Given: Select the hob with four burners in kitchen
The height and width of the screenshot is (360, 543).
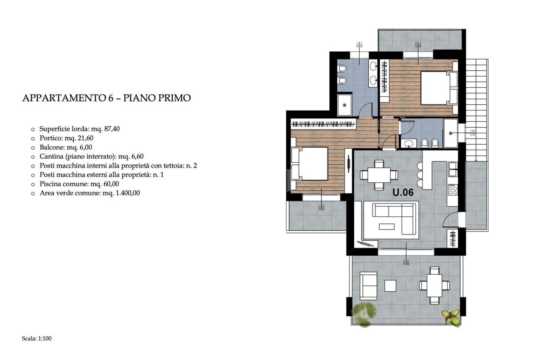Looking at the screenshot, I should pos(453,189).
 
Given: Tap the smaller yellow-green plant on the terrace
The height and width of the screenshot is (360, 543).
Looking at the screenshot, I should pos(451,317).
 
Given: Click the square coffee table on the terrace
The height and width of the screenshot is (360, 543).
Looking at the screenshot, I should pos(390,285).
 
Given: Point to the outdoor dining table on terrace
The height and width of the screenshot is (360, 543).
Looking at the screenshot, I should pos(434,285).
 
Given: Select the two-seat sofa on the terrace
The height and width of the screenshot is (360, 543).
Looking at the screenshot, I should pos(368,285).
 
